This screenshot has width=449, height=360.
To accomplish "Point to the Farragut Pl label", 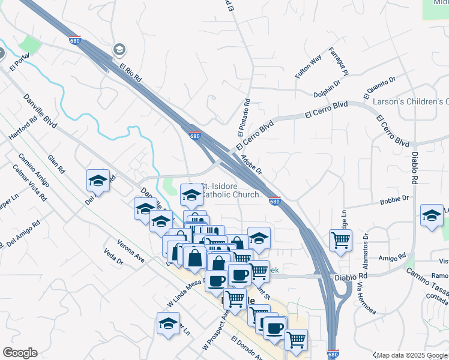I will [x=339, y=61].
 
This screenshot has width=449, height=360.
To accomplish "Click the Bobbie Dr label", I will [x=394, y=199].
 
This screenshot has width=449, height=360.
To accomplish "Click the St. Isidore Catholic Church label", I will [x=229, y=190].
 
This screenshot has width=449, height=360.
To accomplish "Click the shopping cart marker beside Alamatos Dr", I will [x=340, y=240].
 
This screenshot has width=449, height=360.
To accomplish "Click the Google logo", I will [x=20, y=353].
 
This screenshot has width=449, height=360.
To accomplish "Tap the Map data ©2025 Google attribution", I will [x=412, y=355].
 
